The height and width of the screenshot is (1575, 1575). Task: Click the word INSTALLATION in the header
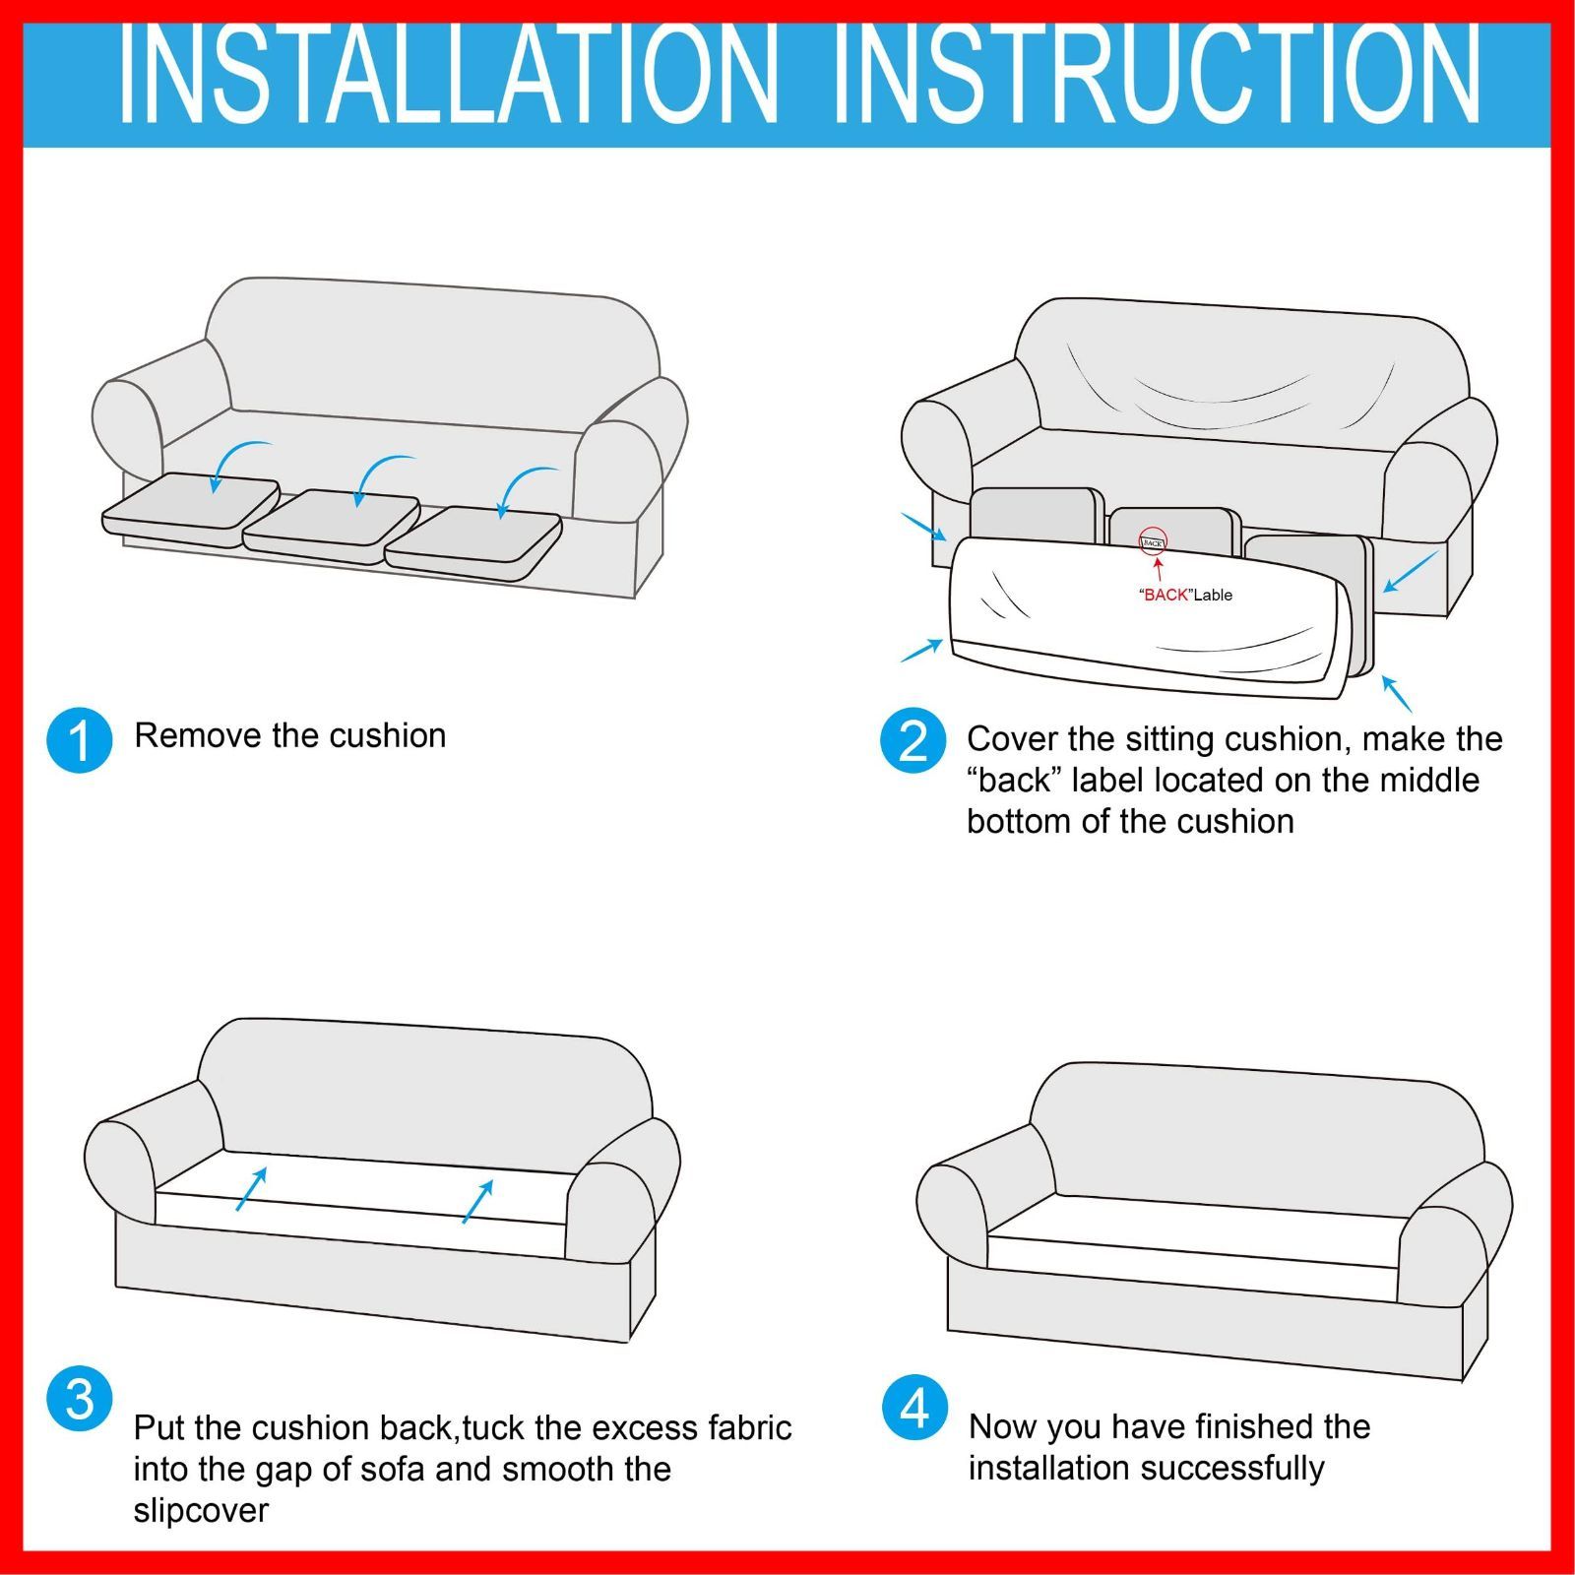click(449, 75)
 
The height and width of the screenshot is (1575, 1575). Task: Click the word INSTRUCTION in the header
click(1157, 75)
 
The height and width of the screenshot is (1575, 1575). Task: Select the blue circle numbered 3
click(80, 1399)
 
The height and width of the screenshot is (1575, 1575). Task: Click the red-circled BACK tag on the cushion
click(1153, 541)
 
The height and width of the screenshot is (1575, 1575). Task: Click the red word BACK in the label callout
click(1166, 595)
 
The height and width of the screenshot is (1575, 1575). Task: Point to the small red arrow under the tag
click(1159, 570)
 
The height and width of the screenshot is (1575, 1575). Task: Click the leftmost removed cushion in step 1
click(190, 509)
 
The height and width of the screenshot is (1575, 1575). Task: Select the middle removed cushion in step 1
click(332, 526)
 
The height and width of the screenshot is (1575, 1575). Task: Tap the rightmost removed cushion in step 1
click(473, 542)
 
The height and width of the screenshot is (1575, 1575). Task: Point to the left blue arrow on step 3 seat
click(251, 1189)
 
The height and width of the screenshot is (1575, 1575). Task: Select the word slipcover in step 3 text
click(201, 1511)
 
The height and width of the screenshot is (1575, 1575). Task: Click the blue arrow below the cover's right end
click(1397, 693)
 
